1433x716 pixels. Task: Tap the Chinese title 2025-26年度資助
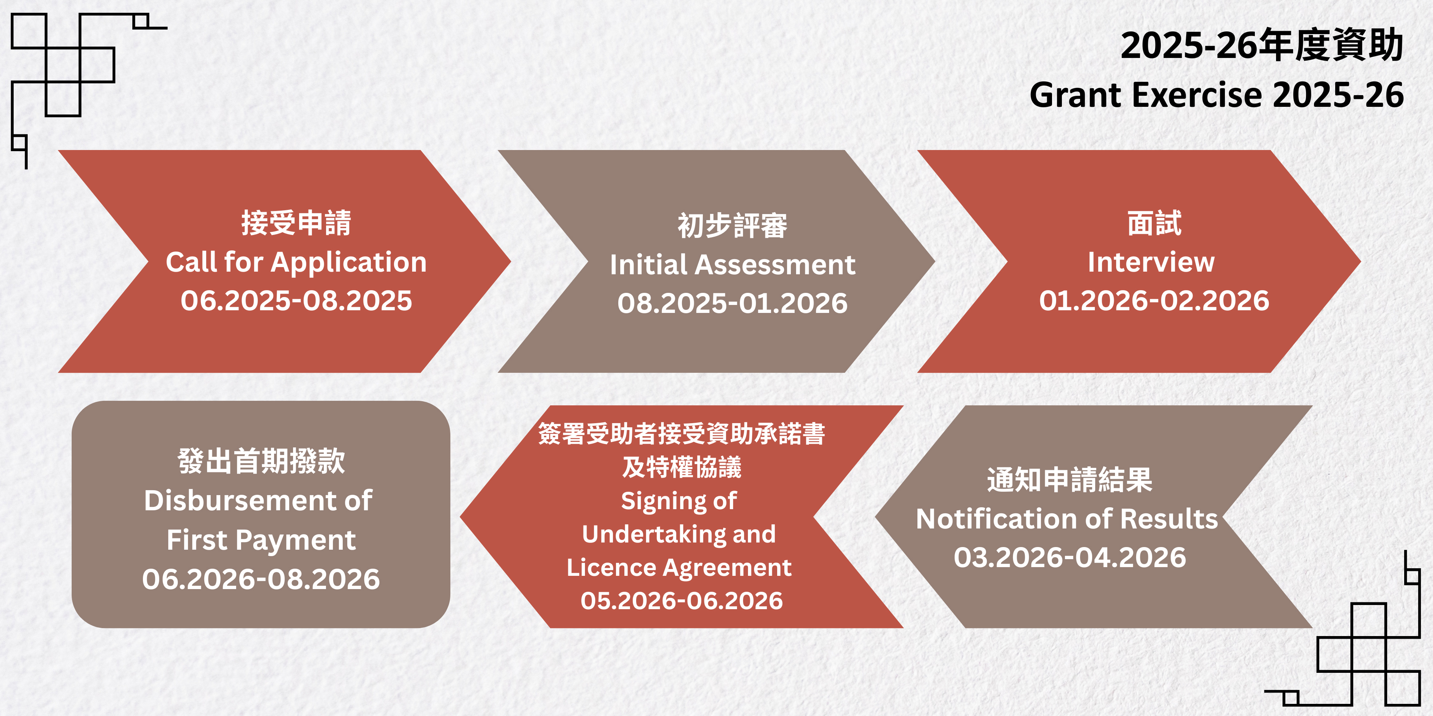click(1262, 45)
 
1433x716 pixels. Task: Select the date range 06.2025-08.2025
click(296, 301)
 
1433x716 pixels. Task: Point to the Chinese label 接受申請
click(296, 223)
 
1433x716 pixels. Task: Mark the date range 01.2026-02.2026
click(1154, 301)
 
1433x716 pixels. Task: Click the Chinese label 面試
click(1154, 223)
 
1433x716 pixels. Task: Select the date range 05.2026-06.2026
click(682, 601)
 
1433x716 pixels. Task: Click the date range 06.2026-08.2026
click(261, 579)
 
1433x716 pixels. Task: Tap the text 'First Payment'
click(261, 540)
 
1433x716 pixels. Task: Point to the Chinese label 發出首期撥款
click(261, 461)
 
